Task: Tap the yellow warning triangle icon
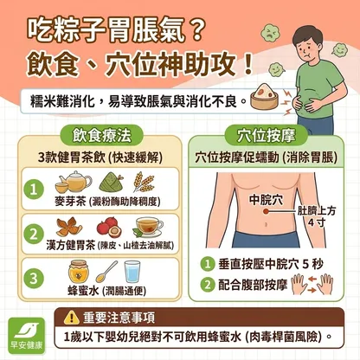tap(71, 317)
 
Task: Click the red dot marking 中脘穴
tap(266, 212)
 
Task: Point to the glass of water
tap(132, 272)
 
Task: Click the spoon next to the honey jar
tap(106, 272)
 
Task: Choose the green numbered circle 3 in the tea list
tap(34, 279)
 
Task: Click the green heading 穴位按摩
tap(266, 135)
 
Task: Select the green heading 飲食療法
tap(101, 135)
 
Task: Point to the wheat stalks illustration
tap(144, 182)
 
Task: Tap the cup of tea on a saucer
tap(148, 227)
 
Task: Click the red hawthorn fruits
tap(109, 227)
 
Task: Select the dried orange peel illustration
tap(68, 227)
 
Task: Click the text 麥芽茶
tap(70, 202)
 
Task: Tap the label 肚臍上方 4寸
tap(317, 216)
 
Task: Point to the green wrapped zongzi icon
tap(111, 182)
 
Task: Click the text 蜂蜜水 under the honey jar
tap(83, 291)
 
